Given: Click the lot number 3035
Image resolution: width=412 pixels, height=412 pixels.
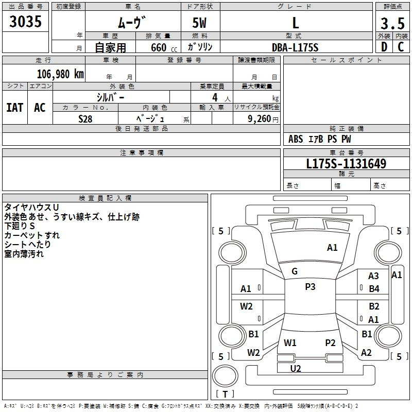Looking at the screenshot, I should click(x=26, y=22).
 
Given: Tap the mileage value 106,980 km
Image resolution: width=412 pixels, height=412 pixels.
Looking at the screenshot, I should click(x=61, y=74).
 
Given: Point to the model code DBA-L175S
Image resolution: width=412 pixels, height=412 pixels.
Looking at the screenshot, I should click(x=296, y=47).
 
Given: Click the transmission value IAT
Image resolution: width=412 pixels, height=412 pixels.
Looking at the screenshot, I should click(x=14, y=108).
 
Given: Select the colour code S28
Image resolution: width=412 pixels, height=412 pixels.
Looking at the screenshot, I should click(x=85, y=118).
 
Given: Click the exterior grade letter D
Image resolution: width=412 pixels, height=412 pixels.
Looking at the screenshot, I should click(x=384, y=47).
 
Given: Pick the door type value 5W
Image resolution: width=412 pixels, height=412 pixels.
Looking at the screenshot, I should click(x=200, y=23).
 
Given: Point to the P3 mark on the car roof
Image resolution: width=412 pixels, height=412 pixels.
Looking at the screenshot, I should click(x=310, y=287).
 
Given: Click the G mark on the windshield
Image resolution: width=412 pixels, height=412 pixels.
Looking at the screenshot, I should click(x=295, y=271).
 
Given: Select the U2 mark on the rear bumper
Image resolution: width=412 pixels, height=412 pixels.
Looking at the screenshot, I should click(x=296, y=368).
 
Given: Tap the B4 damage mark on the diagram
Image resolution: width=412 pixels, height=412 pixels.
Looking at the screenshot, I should click(x=374, y=289).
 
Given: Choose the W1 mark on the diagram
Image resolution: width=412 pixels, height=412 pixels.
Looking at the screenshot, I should click(x=290, y=342).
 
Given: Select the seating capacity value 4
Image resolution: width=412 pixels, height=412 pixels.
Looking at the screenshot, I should click(x=214, y=97).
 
